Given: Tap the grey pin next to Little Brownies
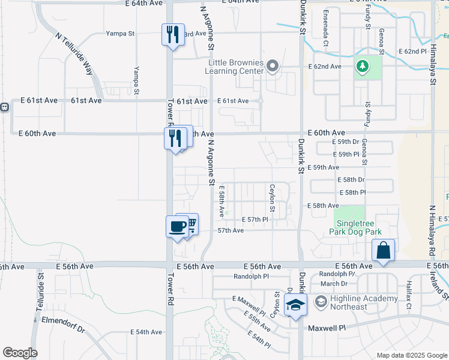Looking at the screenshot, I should [273, 66].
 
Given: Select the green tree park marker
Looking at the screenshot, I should [362, 66].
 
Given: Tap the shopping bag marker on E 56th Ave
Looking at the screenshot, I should [382, 251].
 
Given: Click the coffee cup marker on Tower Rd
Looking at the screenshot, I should [177, 227].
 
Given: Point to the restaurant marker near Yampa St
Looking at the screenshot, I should [172, 34].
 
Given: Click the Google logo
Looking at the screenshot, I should [20, 353].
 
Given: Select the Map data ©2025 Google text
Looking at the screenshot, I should [411, 355].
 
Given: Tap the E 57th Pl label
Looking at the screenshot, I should [255, 220].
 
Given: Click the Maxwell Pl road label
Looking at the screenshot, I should [327, 328].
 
